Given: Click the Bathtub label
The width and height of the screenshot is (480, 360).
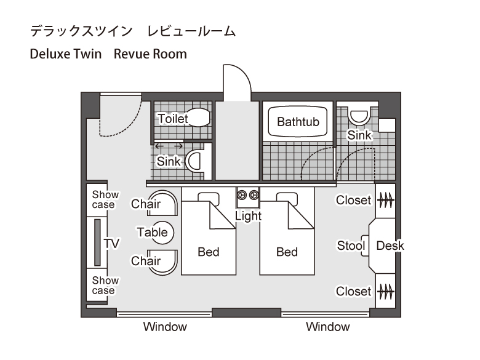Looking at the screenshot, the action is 298,122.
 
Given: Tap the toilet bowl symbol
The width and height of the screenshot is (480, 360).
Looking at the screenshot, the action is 198,118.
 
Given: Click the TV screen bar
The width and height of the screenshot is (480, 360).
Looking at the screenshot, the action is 97,242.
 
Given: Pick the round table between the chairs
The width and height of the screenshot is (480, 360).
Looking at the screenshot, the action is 162,233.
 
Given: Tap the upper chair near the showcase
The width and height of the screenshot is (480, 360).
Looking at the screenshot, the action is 162,203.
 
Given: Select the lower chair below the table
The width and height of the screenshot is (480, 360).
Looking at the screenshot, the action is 162,262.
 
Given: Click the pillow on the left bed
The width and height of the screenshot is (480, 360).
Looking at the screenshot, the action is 209,199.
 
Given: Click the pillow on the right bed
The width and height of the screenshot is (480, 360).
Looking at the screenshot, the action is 287,199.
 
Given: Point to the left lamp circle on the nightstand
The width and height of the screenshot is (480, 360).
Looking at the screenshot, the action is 242,194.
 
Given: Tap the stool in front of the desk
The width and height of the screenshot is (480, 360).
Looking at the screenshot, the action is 365,246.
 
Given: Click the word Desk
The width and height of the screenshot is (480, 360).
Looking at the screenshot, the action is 390,246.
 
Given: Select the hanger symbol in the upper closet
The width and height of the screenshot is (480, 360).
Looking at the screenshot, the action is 385,201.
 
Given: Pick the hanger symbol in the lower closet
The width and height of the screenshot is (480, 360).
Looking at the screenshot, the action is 385,292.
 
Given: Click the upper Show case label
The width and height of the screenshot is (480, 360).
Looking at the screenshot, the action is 105,199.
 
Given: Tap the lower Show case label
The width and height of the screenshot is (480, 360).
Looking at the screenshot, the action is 105,286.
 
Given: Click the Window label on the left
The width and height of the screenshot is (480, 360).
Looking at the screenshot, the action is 165,327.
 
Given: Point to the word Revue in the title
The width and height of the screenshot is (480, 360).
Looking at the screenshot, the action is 132,54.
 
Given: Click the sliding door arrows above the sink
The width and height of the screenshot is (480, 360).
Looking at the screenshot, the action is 169,146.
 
